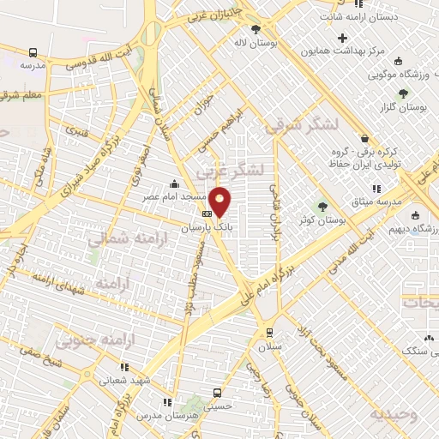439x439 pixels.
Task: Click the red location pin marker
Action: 220,201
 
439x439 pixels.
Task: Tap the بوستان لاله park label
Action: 256,40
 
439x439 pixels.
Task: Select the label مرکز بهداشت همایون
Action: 342,51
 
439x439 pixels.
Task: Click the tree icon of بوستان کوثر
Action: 322,206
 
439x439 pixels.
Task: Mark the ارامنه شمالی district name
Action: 119,238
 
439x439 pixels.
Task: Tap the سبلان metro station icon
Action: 269,333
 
